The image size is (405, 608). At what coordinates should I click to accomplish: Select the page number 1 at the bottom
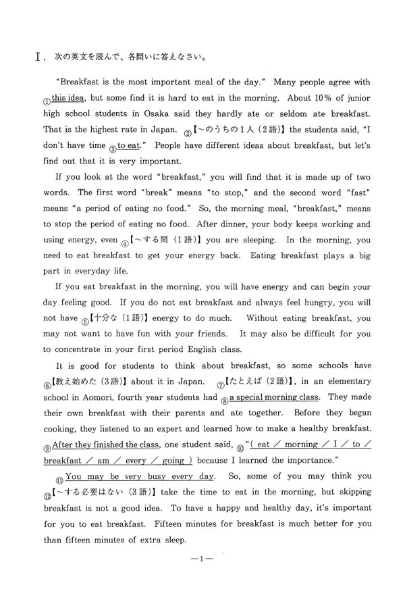[x=202, y=579]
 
